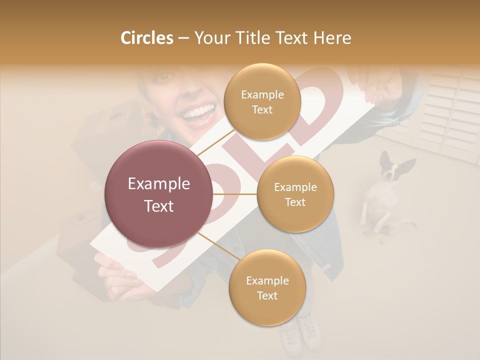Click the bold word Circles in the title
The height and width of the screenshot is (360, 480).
(146, 37)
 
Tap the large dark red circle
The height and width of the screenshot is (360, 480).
(158, 194)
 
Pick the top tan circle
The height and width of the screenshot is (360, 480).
(262, 101)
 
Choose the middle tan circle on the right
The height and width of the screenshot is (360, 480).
(295, 194)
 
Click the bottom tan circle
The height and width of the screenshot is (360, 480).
(267, 287)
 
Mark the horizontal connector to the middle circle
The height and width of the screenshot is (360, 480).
(235, 194)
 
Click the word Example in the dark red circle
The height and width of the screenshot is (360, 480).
(158, 184)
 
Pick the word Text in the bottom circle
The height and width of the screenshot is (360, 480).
(267, 295)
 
